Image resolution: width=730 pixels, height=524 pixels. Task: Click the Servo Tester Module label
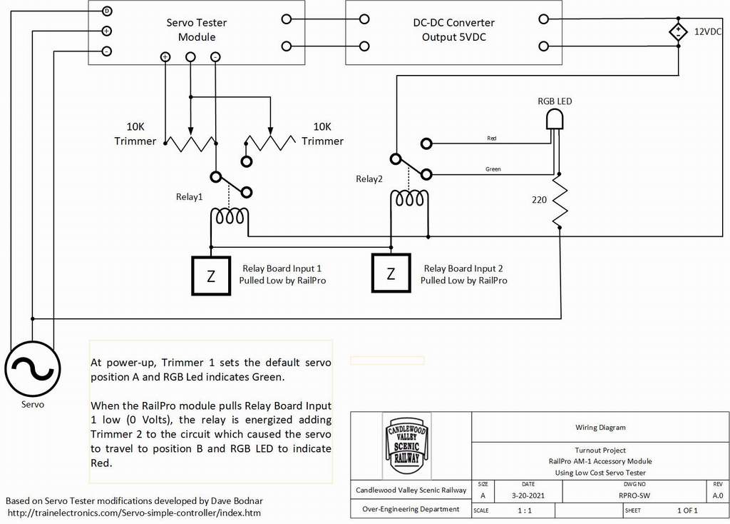point(197,30)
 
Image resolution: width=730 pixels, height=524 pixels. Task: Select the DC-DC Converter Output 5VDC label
point(454,30)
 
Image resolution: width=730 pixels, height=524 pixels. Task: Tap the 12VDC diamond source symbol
point(679,32)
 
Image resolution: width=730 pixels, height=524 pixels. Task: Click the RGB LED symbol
point(555,119)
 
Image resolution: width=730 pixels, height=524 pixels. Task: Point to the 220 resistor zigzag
point(560,201)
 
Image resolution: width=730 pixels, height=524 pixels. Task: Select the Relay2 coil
point(409,198)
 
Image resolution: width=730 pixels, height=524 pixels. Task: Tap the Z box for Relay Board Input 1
point(211,275)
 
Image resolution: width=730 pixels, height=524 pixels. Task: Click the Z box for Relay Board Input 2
point(391,273)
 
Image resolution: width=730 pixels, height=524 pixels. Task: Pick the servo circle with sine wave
point(33,369)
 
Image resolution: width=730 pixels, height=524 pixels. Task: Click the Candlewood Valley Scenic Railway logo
point(407,445)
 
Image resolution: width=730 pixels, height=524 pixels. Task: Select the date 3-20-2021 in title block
point(528,495)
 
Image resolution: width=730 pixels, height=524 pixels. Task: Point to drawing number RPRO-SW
point(634,495)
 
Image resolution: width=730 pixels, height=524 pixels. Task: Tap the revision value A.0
point(718,495)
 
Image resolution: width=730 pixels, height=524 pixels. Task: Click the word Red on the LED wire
point(492,138)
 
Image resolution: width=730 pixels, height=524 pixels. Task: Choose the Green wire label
point(493,168)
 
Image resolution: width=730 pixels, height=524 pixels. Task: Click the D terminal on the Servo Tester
point(107,11)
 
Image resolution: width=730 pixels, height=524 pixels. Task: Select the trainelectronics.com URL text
point(134,513)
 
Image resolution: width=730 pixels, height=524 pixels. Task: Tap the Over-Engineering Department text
point(411,509)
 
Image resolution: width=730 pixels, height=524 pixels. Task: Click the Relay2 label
point(369,179)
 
